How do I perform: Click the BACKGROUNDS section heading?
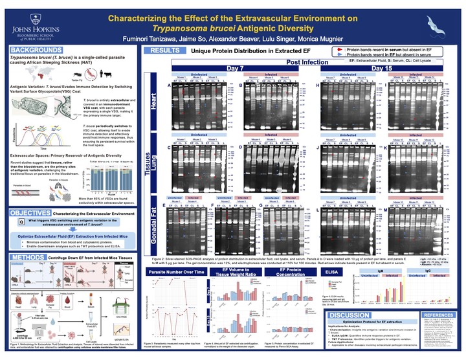pos(38,50)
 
